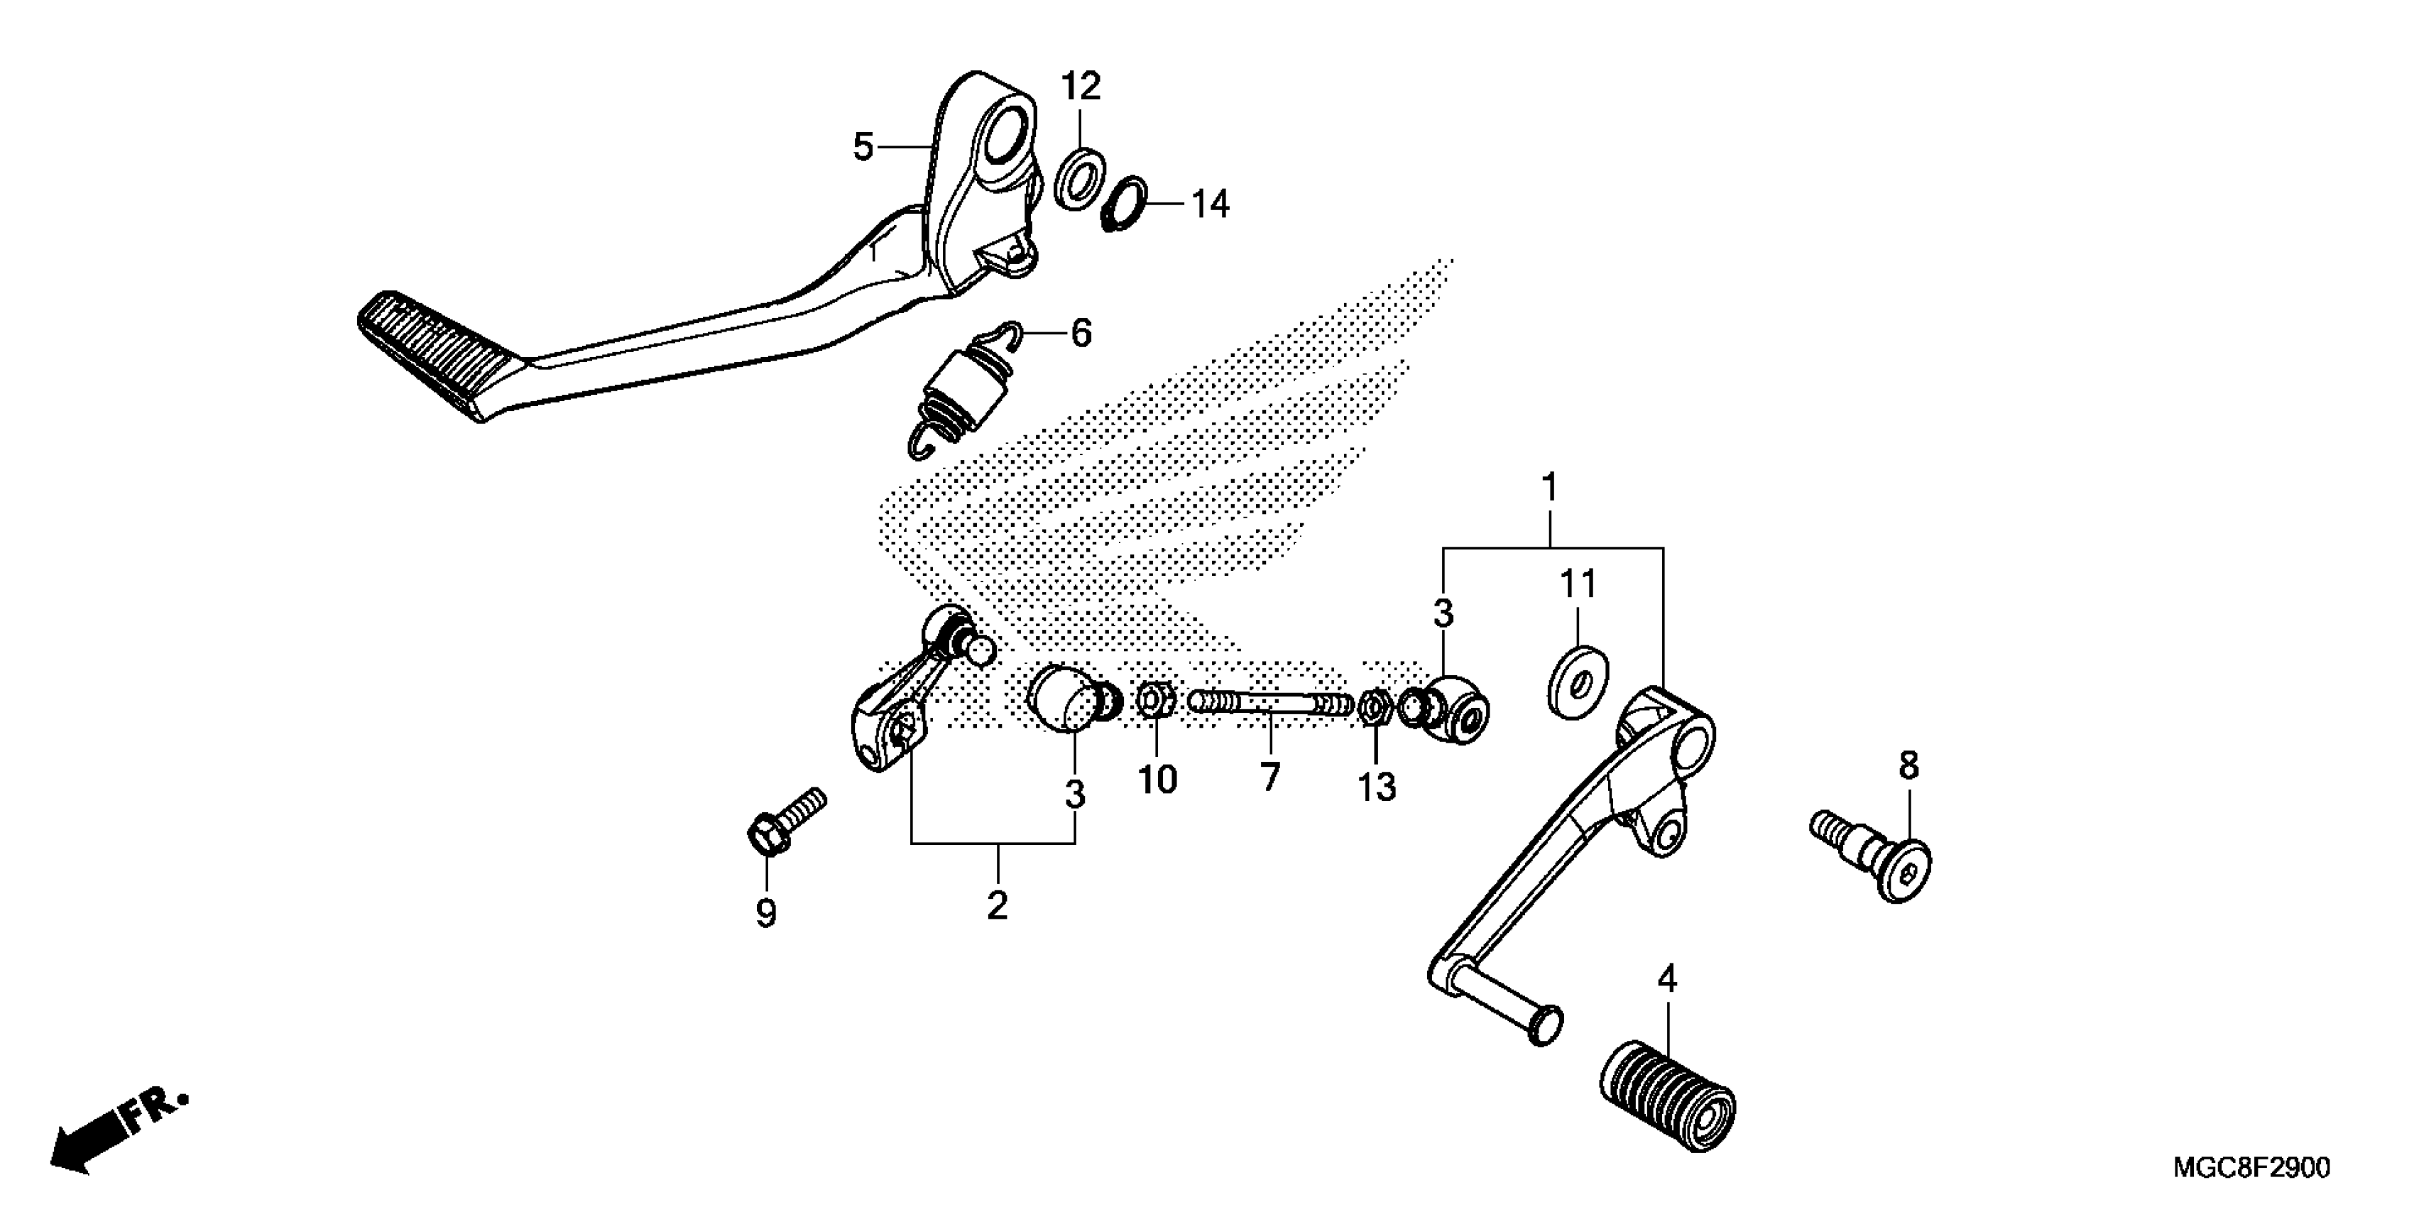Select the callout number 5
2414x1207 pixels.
click(863, 147)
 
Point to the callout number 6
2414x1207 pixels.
click(1081, 334)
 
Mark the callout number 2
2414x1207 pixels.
click(997, 905)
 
